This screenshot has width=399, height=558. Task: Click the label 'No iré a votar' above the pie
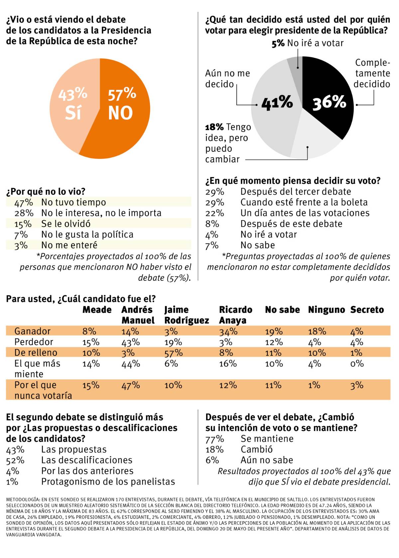tap(315, 43)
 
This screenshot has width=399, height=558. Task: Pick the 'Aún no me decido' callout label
tap(227, 78)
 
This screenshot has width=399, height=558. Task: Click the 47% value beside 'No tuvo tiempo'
tap(23, 202)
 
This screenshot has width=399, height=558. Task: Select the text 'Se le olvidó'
tap(66, 224)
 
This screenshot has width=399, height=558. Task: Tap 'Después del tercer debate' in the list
tap(296, 192)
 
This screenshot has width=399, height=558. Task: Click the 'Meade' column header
tap(97, 310)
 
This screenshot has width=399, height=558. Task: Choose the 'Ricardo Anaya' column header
tap(235, 315)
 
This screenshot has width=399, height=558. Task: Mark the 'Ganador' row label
tap(32, 331)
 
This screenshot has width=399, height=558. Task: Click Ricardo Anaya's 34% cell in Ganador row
tap(228, 331)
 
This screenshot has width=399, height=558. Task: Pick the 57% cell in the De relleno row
tap(173, 353)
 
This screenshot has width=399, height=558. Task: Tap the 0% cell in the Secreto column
tap(357, 364)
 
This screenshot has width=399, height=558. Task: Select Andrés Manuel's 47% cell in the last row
tap(130, 385)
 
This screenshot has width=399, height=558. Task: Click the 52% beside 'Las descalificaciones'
tap(15, 460)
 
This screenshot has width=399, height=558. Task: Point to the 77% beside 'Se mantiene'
tap(214, 439)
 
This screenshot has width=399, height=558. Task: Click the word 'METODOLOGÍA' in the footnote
tap(22, 500)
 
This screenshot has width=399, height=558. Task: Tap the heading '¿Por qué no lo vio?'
tap(46, 191)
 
